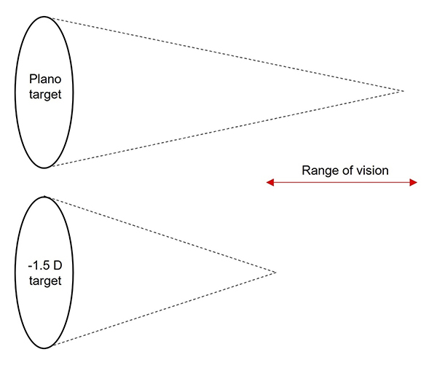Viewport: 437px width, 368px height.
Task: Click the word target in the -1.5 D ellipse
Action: click(44, 281)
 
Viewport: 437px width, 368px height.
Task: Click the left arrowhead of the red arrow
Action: click(269, 182)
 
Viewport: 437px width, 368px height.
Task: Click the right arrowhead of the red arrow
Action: click(414, 182)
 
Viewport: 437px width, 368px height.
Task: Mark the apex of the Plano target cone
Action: click(403, 91)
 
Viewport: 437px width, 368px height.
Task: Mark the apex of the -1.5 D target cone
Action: click(276, 273)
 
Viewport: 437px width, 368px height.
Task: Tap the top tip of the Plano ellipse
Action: click(44, 16)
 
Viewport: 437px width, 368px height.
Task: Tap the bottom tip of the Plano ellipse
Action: click(44, 168)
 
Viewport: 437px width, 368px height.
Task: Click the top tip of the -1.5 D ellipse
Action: click(44, 195)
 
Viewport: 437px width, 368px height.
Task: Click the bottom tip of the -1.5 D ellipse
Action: click(44, 348)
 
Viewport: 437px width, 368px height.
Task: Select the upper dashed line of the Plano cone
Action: click(219, 53)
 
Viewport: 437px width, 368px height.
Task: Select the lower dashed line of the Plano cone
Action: click(219, 130)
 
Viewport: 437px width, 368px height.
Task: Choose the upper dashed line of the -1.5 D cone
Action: click(160, 234)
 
